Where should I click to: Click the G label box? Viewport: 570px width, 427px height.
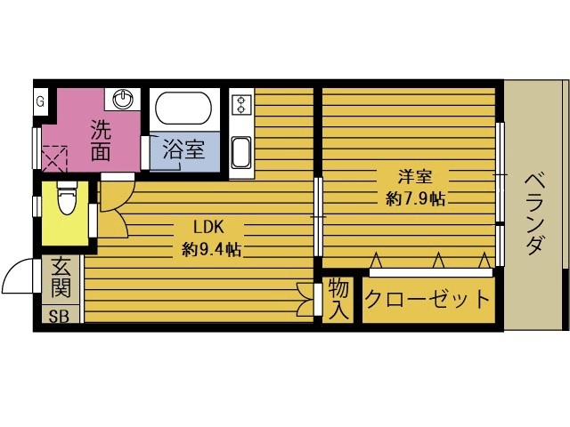tap(40, 101)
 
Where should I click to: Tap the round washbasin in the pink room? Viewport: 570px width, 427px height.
tap(125, 99)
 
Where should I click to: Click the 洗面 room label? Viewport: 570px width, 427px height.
tap(100, 140)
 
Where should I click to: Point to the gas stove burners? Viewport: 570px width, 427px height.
tap(240, 105)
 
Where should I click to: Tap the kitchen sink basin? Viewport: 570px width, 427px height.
tap(241, 152)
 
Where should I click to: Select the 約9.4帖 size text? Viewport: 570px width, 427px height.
tap(210, 250)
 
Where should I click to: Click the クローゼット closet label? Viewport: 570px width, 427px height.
tap(427, 298)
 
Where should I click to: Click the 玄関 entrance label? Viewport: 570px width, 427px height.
tap(61, 277)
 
